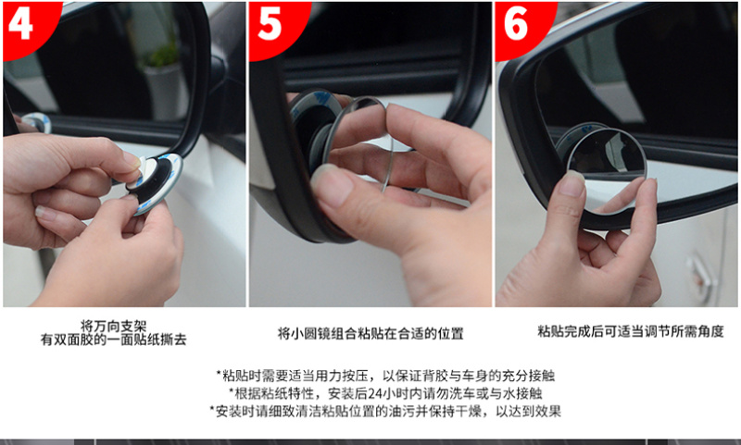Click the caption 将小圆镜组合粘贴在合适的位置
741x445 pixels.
coord(370,334)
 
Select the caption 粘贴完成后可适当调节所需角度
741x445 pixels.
coord(631,331)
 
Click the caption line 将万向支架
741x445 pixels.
coord(113,326)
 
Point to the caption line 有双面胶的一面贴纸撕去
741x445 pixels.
coord(113,340)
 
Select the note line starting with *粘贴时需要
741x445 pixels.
coord(385,376)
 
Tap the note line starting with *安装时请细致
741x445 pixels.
coord(385,411)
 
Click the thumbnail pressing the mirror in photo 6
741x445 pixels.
coord(571,184)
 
